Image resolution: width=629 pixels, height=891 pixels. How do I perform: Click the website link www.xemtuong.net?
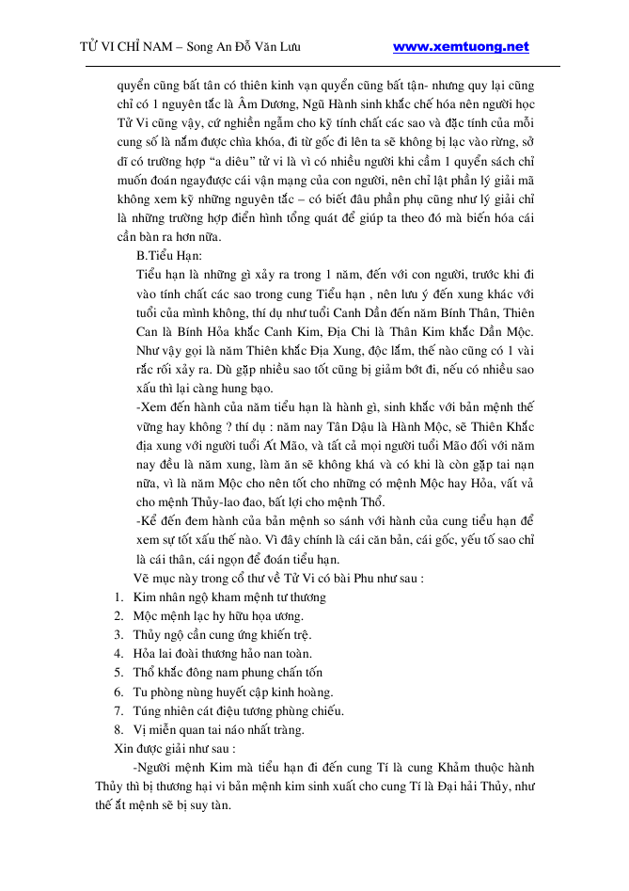pyautogui.click(x=460, y=47)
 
